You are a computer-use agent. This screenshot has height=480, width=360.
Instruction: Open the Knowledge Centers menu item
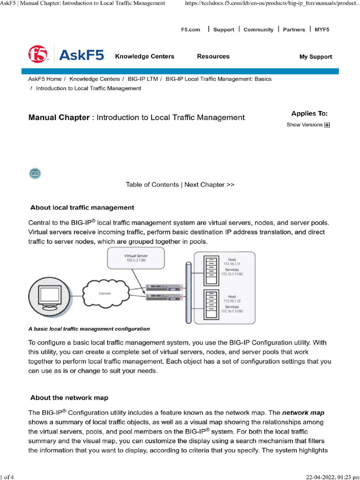click(144, 56)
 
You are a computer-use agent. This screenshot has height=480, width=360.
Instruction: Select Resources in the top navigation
click(213, 56)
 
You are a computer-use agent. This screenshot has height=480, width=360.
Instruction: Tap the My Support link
click(315, 57)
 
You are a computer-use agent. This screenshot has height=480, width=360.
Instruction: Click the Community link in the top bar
click(258, 30)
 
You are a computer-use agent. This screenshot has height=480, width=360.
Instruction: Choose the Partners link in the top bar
click(294, 30)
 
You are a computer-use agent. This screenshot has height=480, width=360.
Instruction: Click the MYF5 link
click(322, 30)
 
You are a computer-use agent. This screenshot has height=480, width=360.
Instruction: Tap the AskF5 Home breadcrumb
click(45, 79)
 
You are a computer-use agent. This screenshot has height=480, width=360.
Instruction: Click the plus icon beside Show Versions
click(327, 125)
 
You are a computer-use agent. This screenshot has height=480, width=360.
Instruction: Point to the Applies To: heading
click(309, 113)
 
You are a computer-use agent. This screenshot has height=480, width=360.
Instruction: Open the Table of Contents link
click(152, 185)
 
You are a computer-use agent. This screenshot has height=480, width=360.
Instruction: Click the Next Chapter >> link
click(209, 185)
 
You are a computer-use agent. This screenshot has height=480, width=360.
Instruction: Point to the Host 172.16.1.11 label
click(232, 262)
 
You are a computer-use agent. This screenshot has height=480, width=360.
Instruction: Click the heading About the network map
click(69, 398)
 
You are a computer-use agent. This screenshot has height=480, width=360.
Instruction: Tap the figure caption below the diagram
click(89, 329)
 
